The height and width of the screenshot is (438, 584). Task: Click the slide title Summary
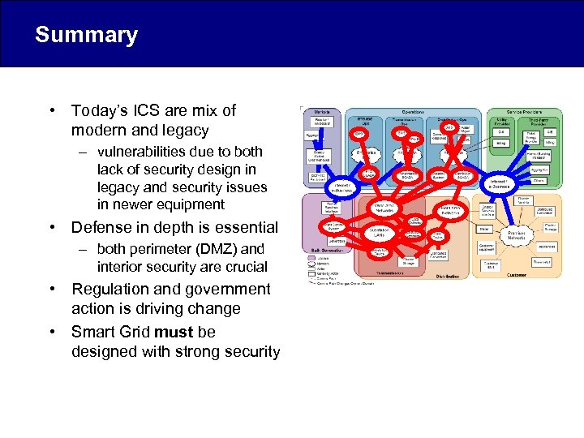pos(86,35)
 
